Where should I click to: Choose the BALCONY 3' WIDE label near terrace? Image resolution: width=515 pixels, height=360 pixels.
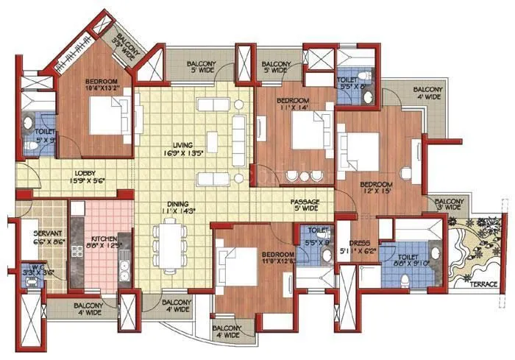coord(449,202)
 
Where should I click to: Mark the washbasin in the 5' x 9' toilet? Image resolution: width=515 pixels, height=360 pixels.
coord(28,124)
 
